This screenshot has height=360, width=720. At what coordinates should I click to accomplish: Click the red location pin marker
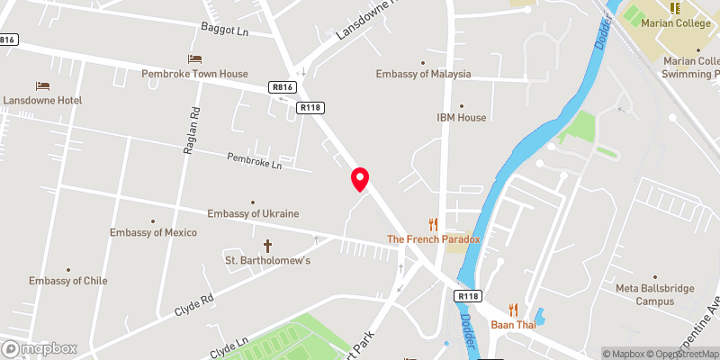[x=360, y=178]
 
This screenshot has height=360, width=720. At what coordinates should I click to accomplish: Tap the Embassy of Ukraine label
[x=253, y=213]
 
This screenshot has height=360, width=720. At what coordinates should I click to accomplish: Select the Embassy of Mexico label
[x=152, y=232]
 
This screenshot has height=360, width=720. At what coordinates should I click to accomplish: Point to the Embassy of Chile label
[x=67, y=280]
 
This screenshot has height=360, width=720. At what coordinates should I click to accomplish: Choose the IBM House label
[x=461, y=117]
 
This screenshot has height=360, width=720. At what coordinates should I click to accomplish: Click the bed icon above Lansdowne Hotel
[x=42, y=85]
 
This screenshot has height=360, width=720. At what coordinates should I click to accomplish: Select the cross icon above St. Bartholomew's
[x=267, y=245]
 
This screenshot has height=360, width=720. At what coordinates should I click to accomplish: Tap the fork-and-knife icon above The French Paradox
[x=434, y=224]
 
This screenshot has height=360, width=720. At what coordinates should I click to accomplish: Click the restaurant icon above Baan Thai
[x=513, y=309]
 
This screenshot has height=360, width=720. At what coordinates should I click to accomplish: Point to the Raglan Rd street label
[x=191, y=131]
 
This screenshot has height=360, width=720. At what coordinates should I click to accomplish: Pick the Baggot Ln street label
[x=224, y=30]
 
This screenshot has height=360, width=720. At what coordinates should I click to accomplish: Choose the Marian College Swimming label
[x=690, y=67]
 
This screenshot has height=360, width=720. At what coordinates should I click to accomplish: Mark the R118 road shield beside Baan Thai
[x=468, y=296]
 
